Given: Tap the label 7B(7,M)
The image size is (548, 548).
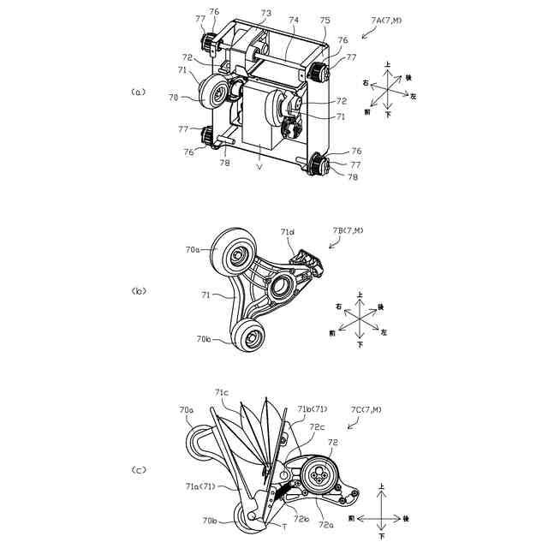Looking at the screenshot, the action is click(x=348, y=230).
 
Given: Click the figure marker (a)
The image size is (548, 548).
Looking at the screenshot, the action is click(x=139, y=92).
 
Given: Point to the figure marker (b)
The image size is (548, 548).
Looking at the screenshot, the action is click(x=139, y=291).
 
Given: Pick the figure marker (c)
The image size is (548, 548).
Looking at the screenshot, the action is click(x=139, y=470).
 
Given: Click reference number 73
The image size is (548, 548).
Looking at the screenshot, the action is click(x=266, y=15).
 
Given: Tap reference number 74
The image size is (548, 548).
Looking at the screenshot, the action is click(x=294, y=19).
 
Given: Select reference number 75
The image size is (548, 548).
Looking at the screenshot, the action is click(x=325, y=20).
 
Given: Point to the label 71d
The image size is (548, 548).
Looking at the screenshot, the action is click(x=287, y=232).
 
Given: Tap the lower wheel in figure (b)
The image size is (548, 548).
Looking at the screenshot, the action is click(x=252, y=337).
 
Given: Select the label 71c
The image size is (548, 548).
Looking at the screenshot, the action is click(x=222, y=393).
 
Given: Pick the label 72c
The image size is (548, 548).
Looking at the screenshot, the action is click(x=318, y=426).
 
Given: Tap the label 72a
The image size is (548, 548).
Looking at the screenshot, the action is click(x=327, y=525).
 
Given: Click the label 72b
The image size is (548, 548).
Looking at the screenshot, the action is click(x=302, y=518).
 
